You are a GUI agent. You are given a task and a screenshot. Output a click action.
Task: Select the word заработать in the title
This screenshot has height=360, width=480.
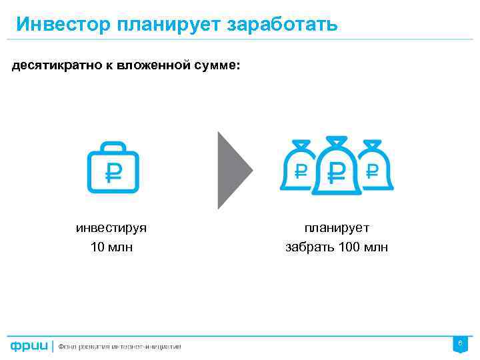pos(283,25)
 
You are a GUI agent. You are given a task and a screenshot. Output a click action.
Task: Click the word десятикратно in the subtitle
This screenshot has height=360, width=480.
pos(53,66)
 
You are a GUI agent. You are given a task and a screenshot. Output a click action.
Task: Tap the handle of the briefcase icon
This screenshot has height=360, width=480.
pos(113,147)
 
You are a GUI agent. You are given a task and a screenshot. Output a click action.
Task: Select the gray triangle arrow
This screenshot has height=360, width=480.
pos(233,170)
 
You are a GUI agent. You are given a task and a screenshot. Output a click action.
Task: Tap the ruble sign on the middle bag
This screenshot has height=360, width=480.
pos(337,173)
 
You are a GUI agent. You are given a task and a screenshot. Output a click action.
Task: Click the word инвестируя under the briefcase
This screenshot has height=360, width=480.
pos(111,228)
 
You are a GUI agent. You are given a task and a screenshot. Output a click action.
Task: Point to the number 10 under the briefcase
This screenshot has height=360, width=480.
pos(97,248)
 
